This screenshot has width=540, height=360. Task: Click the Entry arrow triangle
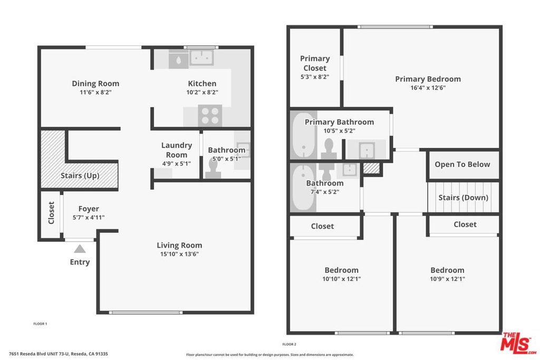(x=80, y=249)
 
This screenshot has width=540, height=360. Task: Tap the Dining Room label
(x=95, y=83)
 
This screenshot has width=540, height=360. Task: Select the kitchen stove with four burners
(x=210, y=115)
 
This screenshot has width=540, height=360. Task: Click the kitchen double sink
(x=201, y=57)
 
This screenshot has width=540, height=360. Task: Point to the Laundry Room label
(x=177, y=150)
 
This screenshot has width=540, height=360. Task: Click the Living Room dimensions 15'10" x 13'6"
(x=179, y=254)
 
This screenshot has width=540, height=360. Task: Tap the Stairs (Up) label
(x=80, y=176)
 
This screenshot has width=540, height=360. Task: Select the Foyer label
(x=89, y=209)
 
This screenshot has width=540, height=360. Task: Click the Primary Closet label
(x=315, y=63)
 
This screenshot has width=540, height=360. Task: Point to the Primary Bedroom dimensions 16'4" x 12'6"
(x=428, y=88)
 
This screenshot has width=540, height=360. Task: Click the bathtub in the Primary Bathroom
(x=303, y=135)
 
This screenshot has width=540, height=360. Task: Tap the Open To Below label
(x=462, y=164)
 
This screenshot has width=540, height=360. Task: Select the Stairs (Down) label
(x=463, y=198)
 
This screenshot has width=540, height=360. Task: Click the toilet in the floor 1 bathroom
(x=213, y=169)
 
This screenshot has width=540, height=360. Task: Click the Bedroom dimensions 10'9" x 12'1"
(x=447, y=279)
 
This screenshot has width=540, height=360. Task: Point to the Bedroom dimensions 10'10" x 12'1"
(x=342, y=279)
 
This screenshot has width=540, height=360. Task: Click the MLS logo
(x=519, y=343)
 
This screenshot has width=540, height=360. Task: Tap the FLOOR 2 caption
(x=290, y=344)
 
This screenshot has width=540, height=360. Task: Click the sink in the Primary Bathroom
(x=367, y=150)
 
